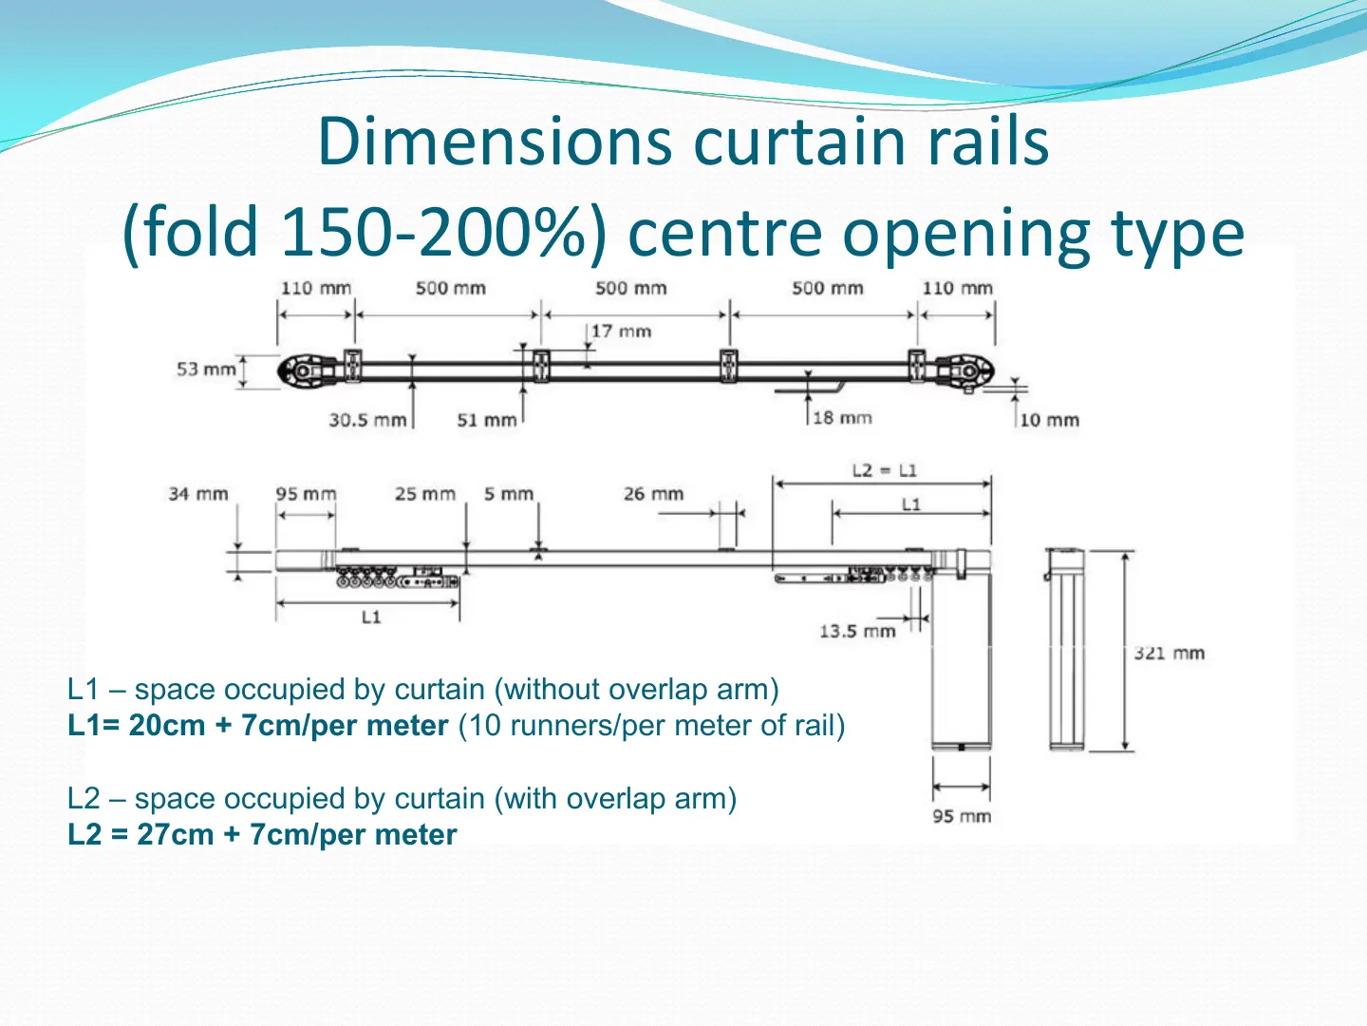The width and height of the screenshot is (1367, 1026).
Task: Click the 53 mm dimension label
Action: point(206,370)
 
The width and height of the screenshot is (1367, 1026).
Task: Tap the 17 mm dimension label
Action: point(621,331)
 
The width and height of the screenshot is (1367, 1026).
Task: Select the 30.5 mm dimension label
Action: point(368,420)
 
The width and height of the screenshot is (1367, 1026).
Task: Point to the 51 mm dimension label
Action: point(487,420)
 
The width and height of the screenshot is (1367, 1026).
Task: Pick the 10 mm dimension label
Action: point(1049,420)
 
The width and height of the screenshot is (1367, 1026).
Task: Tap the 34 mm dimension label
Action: point(198,494)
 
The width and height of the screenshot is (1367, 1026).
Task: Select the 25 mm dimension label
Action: point(425,494)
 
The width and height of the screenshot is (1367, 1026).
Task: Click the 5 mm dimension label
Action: point(509,494)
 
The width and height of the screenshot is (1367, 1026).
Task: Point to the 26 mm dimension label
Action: point(653,494)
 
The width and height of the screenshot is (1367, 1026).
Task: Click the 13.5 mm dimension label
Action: point(857,631)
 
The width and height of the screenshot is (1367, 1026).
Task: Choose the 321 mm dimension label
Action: point(1169,653)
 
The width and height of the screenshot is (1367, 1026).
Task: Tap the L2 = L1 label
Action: point(885,470)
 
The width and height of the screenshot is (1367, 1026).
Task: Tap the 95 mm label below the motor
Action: point(962,816)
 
